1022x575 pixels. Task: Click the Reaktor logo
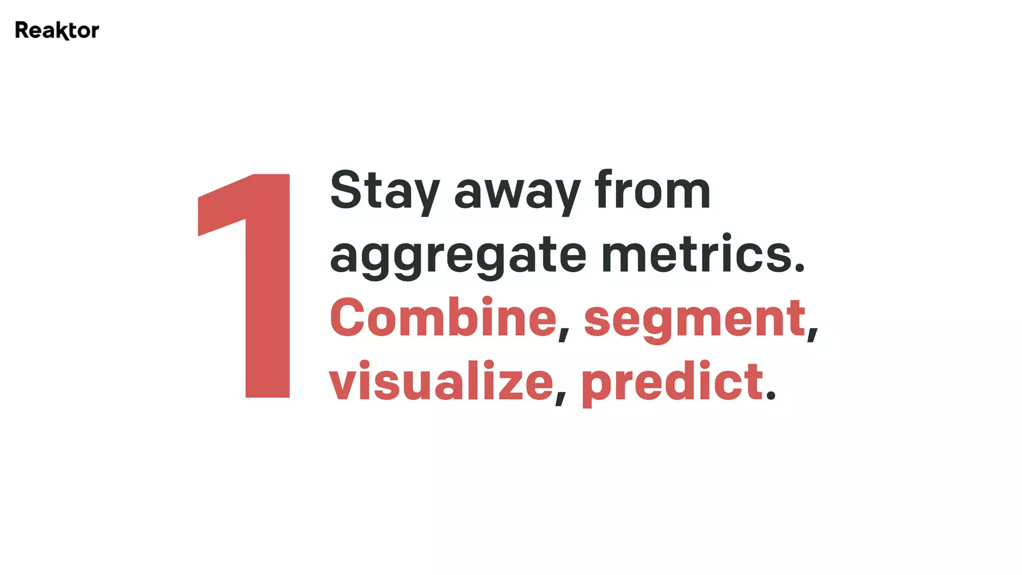pyautogui.click(x=57, y=30)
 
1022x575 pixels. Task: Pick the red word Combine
pyautogui.click(x=443, y=317)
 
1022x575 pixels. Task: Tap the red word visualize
pyautogui.click(x=441, y=381)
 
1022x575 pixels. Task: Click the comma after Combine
pyautogui.click(x=563, y=333)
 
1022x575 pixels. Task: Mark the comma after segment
pyautogui.click(x=812, y=333)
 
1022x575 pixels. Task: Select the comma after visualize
pyautogui.click(x=560, y=396)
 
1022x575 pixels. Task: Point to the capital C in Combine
pyautogui.click(x=347, y=317)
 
